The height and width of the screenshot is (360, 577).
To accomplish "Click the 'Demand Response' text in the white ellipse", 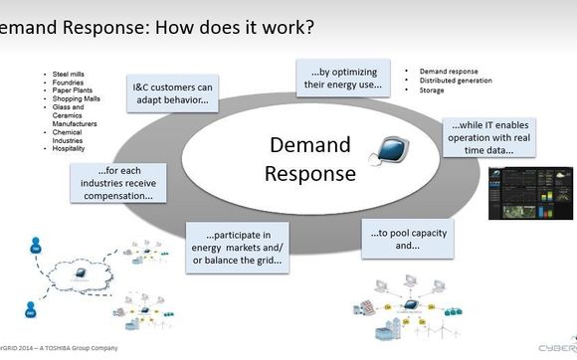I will [309, 159].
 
